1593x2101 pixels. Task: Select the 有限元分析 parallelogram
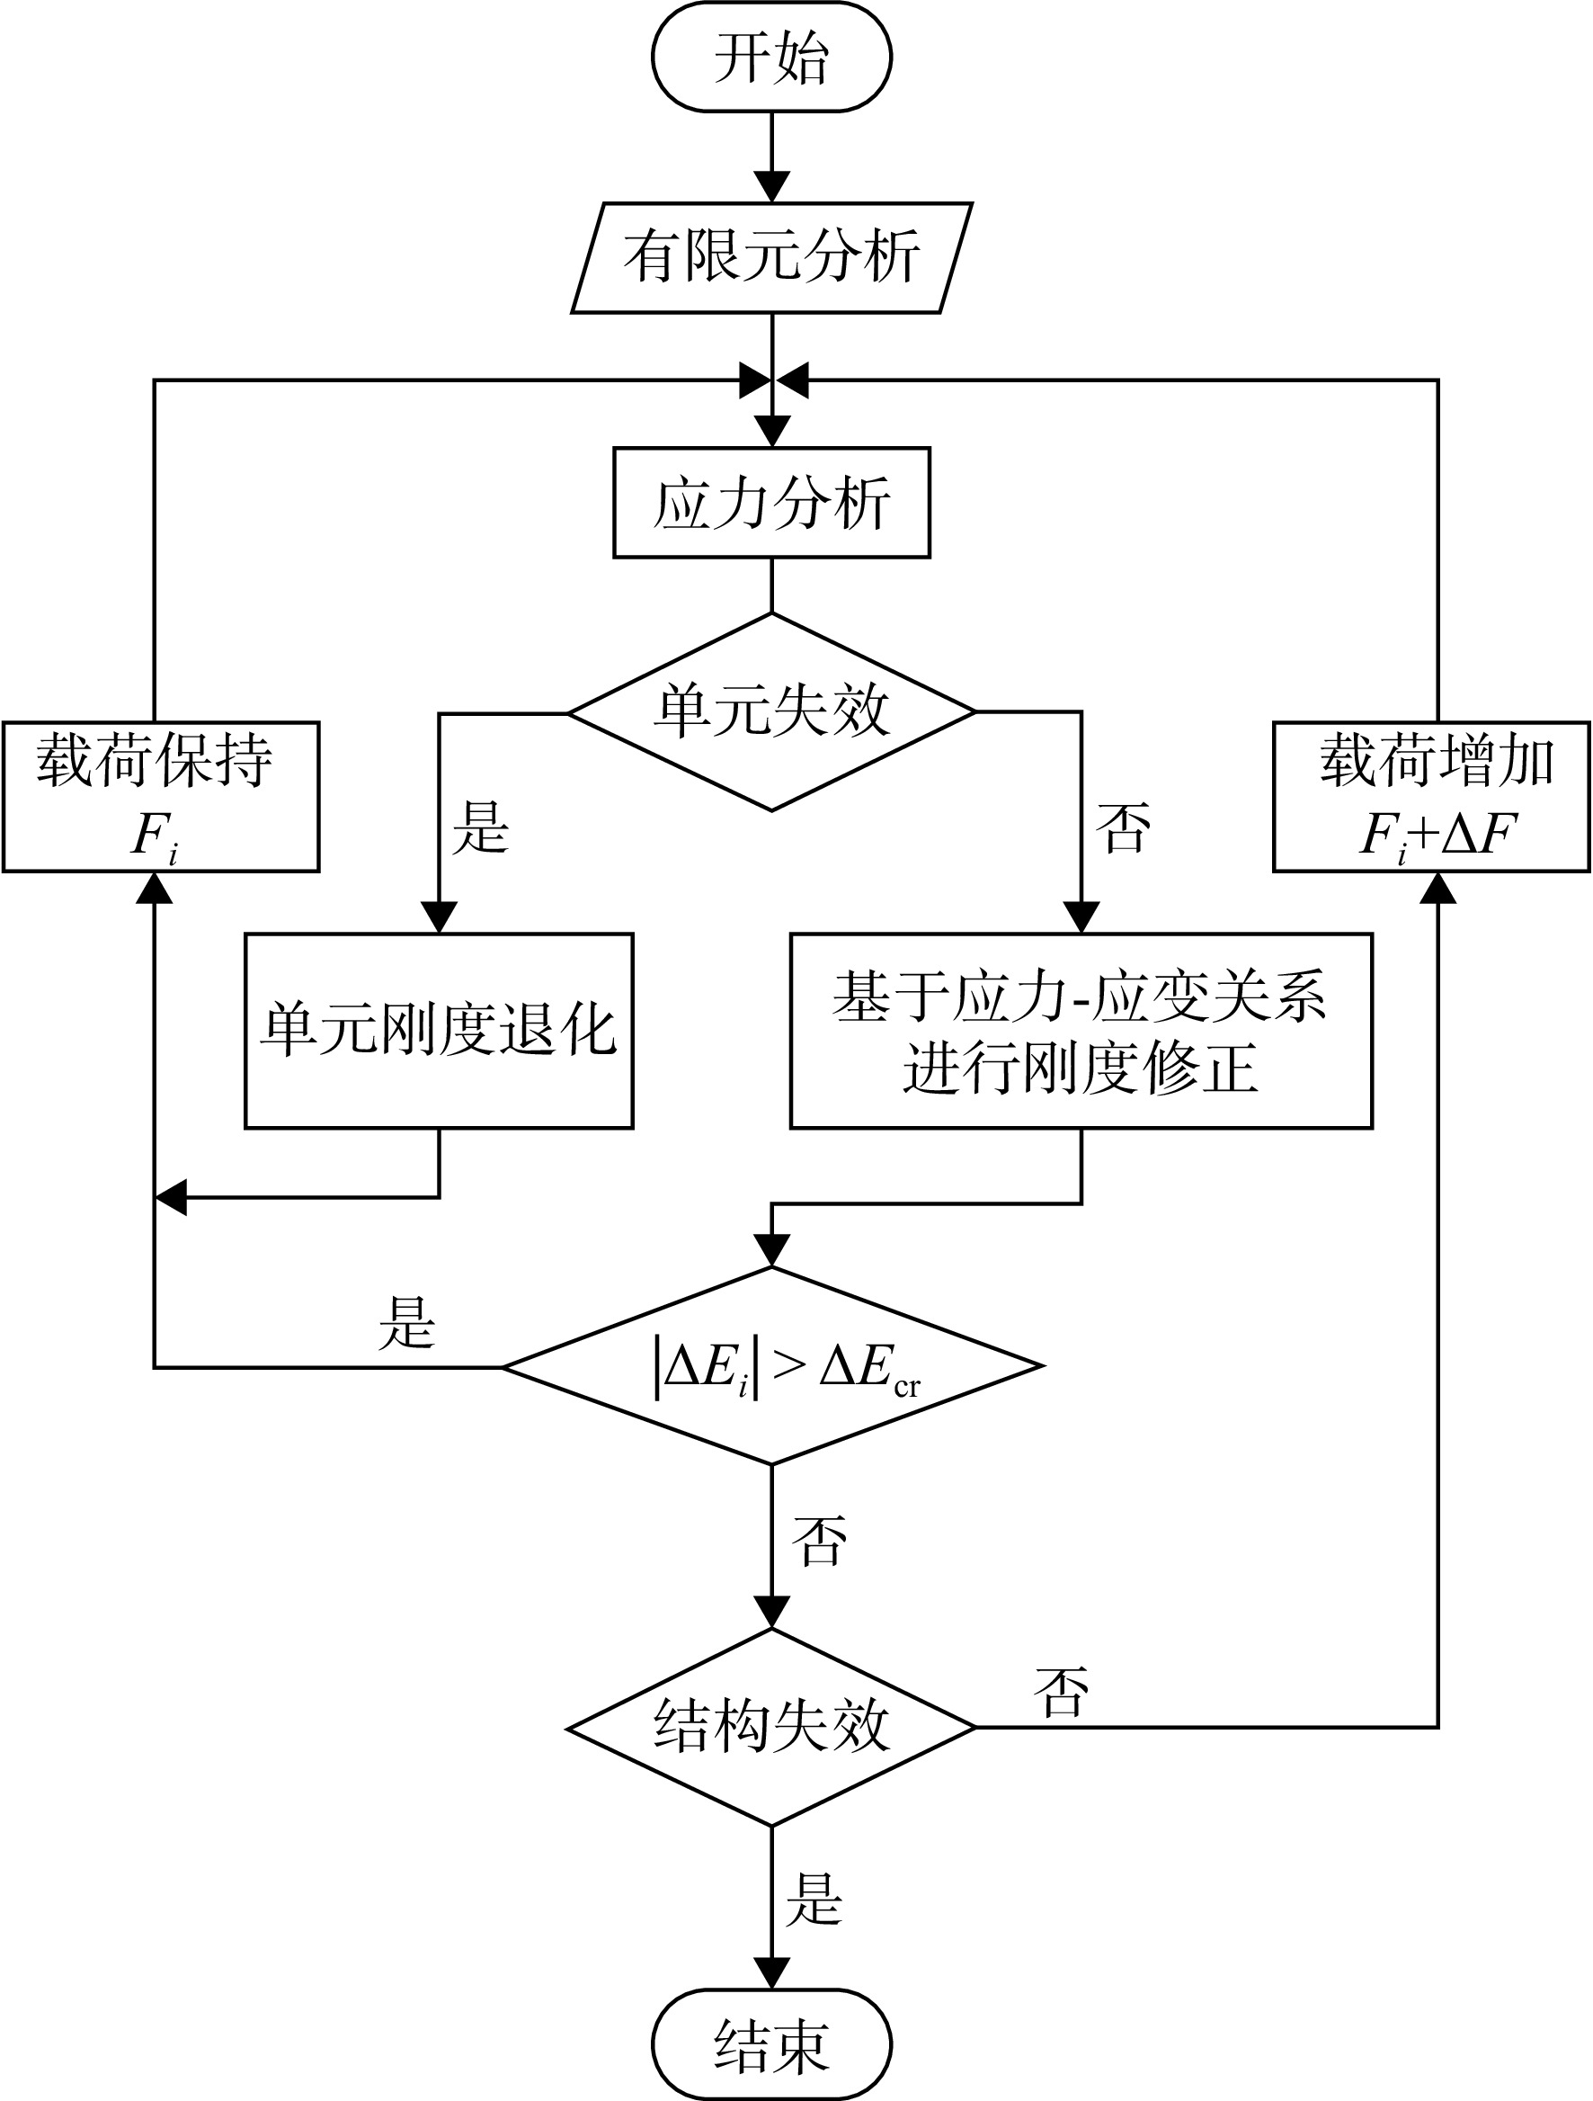click(x=772, y=257)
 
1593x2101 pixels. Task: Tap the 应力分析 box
click(x=772, y=502)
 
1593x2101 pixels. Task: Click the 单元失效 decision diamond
click(x=772, y=711)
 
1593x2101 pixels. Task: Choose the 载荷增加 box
click(x=1431, y=796)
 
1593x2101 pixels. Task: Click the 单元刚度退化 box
click(x=439, y=1031)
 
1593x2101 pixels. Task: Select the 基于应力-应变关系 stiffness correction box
click(x=1081, y=1031)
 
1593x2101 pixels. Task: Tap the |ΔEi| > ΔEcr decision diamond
click(x=772, y=1367)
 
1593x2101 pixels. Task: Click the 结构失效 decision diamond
click(x=772, y=1727)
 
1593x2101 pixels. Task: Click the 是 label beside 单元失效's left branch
click(x=481, y=827)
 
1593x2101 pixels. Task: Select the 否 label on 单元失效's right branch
click(x=1123, y=827)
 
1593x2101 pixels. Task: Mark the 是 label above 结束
click(x=814, y=1899)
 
